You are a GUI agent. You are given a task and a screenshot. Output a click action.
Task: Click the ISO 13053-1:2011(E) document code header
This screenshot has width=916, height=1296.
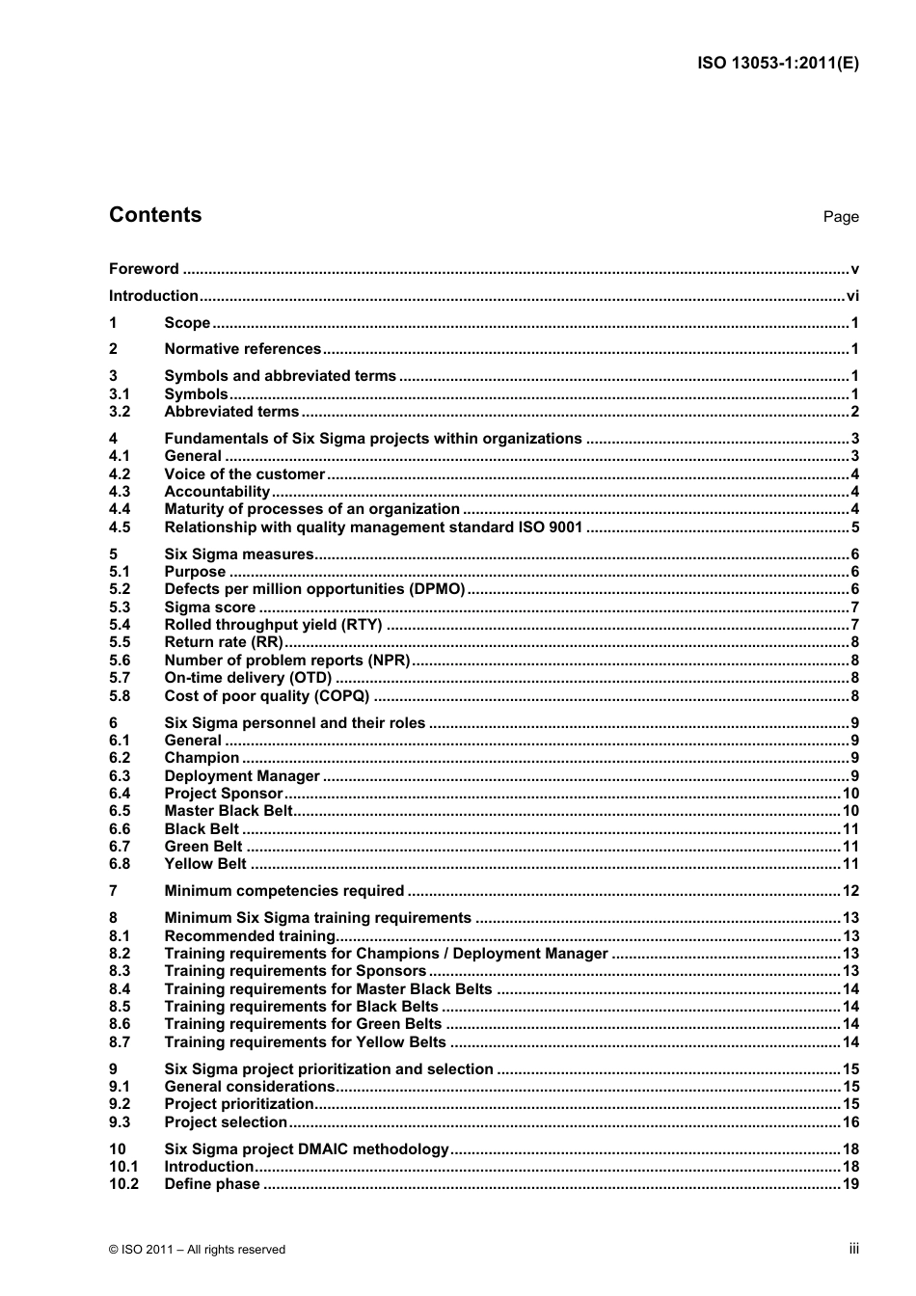(777, 64)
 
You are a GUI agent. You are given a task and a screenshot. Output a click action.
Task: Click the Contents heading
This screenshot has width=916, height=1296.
(155, 215)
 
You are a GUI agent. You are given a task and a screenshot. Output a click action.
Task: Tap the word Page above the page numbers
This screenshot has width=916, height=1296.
(840, 217)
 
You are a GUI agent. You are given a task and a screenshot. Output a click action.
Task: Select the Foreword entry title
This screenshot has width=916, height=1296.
(144, 269)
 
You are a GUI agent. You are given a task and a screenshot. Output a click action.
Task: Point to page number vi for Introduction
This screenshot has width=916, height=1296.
(852, 296)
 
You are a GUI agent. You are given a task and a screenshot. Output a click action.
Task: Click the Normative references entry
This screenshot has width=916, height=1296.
(242, 349)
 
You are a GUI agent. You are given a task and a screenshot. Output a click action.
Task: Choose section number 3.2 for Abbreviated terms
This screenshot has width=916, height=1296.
(120, 412)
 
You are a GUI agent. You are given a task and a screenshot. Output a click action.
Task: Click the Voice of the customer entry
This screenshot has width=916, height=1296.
(244, 474)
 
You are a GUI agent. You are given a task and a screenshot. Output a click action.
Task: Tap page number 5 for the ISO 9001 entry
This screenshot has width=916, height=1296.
(854, 527)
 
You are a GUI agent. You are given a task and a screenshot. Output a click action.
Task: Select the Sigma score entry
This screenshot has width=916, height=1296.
(210, 607)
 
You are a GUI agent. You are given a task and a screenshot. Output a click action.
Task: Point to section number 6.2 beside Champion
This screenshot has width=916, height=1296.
(120, 758)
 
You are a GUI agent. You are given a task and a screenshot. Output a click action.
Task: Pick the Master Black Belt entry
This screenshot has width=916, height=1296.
(228, 811)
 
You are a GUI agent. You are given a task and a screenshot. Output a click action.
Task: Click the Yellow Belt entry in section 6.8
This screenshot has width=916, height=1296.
(205, 864)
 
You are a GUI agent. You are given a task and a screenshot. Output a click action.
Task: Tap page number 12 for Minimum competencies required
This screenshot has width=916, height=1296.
(850, 891)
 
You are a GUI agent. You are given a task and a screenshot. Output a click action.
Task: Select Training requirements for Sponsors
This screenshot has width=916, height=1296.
(295, 971)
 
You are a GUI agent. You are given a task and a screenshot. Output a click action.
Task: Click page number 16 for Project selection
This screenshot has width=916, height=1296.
(850, 1122)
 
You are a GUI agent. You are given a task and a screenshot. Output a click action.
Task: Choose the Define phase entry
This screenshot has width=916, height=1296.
(212, 1184)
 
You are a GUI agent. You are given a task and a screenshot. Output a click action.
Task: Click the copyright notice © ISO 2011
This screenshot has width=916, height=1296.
(198, 1250)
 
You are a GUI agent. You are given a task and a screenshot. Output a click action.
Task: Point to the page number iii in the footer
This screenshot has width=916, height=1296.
(853, 1249)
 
